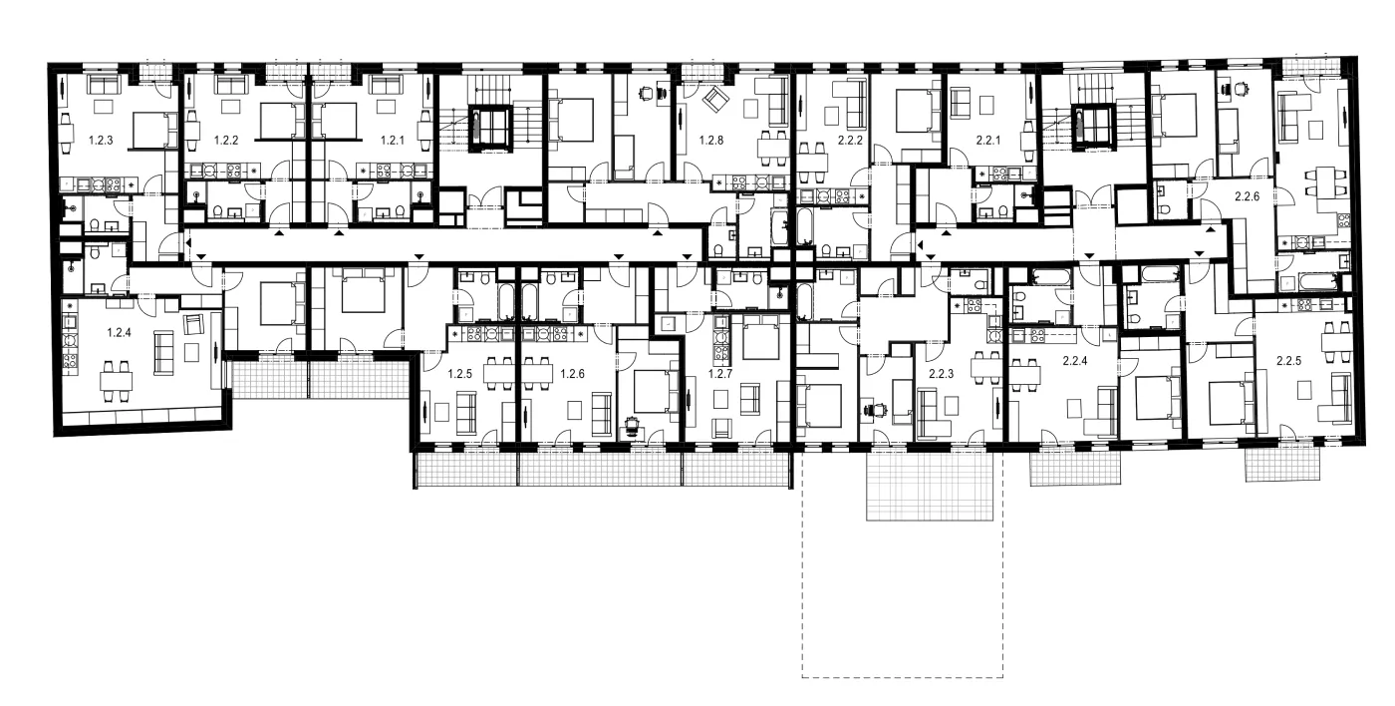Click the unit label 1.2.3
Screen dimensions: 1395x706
click(101, 141)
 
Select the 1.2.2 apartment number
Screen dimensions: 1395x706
click(226, 141)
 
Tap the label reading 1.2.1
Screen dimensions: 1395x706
click(393, 141)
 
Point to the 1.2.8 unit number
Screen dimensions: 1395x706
click(711, 141)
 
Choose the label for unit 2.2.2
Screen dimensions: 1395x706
click(850, 141)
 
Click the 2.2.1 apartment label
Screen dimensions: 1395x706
click(988, 141)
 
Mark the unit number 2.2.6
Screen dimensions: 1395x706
click(1248, 196)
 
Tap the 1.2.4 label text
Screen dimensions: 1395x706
click(119, 333)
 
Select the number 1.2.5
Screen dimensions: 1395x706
click(460, 374)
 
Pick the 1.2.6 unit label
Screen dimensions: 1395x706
click(572, 374)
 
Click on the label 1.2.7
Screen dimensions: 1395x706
click(720, 374)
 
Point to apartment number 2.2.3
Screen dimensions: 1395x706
click(941, 374)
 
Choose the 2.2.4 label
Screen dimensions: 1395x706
click(1075, 361)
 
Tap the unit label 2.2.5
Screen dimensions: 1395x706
click(1289, 361)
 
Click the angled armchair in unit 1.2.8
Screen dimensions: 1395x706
click(715, 99)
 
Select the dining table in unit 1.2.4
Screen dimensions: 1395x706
click(117, 380)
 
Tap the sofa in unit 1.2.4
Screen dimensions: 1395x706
click(163, 352)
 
